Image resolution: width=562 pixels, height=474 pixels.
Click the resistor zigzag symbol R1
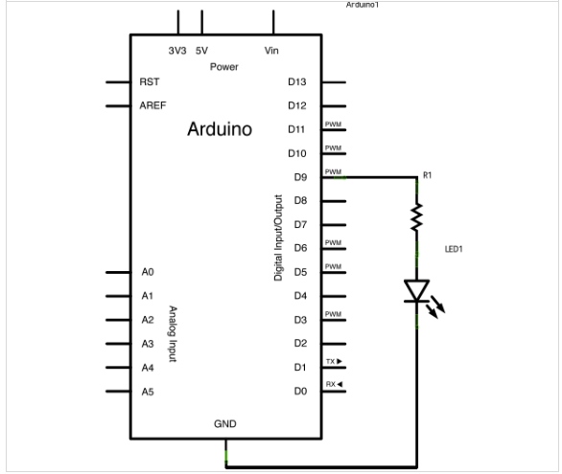416,217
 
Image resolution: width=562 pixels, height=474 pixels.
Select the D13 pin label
296,82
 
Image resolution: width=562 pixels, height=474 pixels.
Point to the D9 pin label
300,177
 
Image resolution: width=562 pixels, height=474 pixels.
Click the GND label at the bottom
225,424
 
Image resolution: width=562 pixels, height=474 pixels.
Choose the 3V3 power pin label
177,51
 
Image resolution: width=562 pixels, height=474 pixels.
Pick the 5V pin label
201,51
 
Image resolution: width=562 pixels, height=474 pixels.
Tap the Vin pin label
271,51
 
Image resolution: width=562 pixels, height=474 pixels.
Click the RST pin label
150,82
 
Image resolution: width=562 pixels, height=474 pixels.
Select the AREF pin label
152,105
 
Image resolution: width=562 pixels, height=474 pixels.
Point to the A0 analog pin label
148,272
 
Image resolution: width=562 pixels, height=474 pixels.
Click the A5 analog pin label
148,392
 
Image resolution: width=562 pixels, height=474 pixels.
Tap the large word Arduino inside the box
220,128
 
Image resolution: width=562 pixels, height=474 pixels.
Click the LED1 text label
454,249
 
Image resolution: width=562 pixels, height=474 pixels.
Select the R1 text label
427,175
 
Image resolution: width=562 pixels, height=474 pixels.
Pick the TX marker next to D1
334,361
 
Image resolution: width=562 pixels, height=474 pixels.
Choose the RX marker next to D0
334,384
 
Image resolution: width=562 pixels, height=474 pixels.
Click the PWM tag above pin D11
333,124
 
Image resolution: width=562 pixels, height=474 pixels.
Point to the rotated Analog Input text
173,334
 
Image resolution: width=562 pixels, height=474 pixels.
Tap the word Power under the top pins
224,67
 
